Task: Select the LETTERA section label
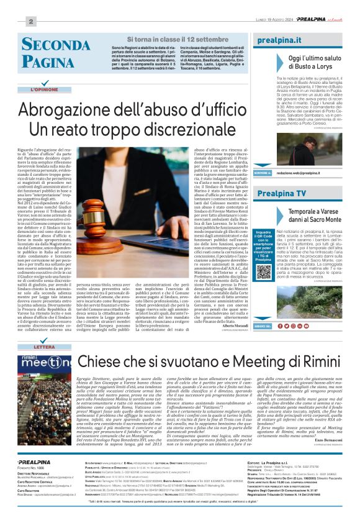click(x=44, y=347)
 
